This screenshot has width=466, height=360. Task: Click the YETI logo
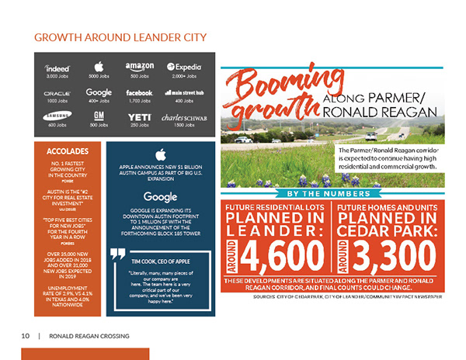point(139,117)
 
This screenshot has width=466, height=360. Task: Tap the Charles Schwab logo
point(183,117)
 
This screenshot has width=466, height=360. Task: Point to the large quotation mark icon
point(118,253)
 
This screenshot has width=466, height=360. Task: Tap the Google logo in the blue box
point(162,196)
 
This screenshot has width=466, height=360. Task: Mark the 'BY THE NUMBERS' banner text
point(333,193)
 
